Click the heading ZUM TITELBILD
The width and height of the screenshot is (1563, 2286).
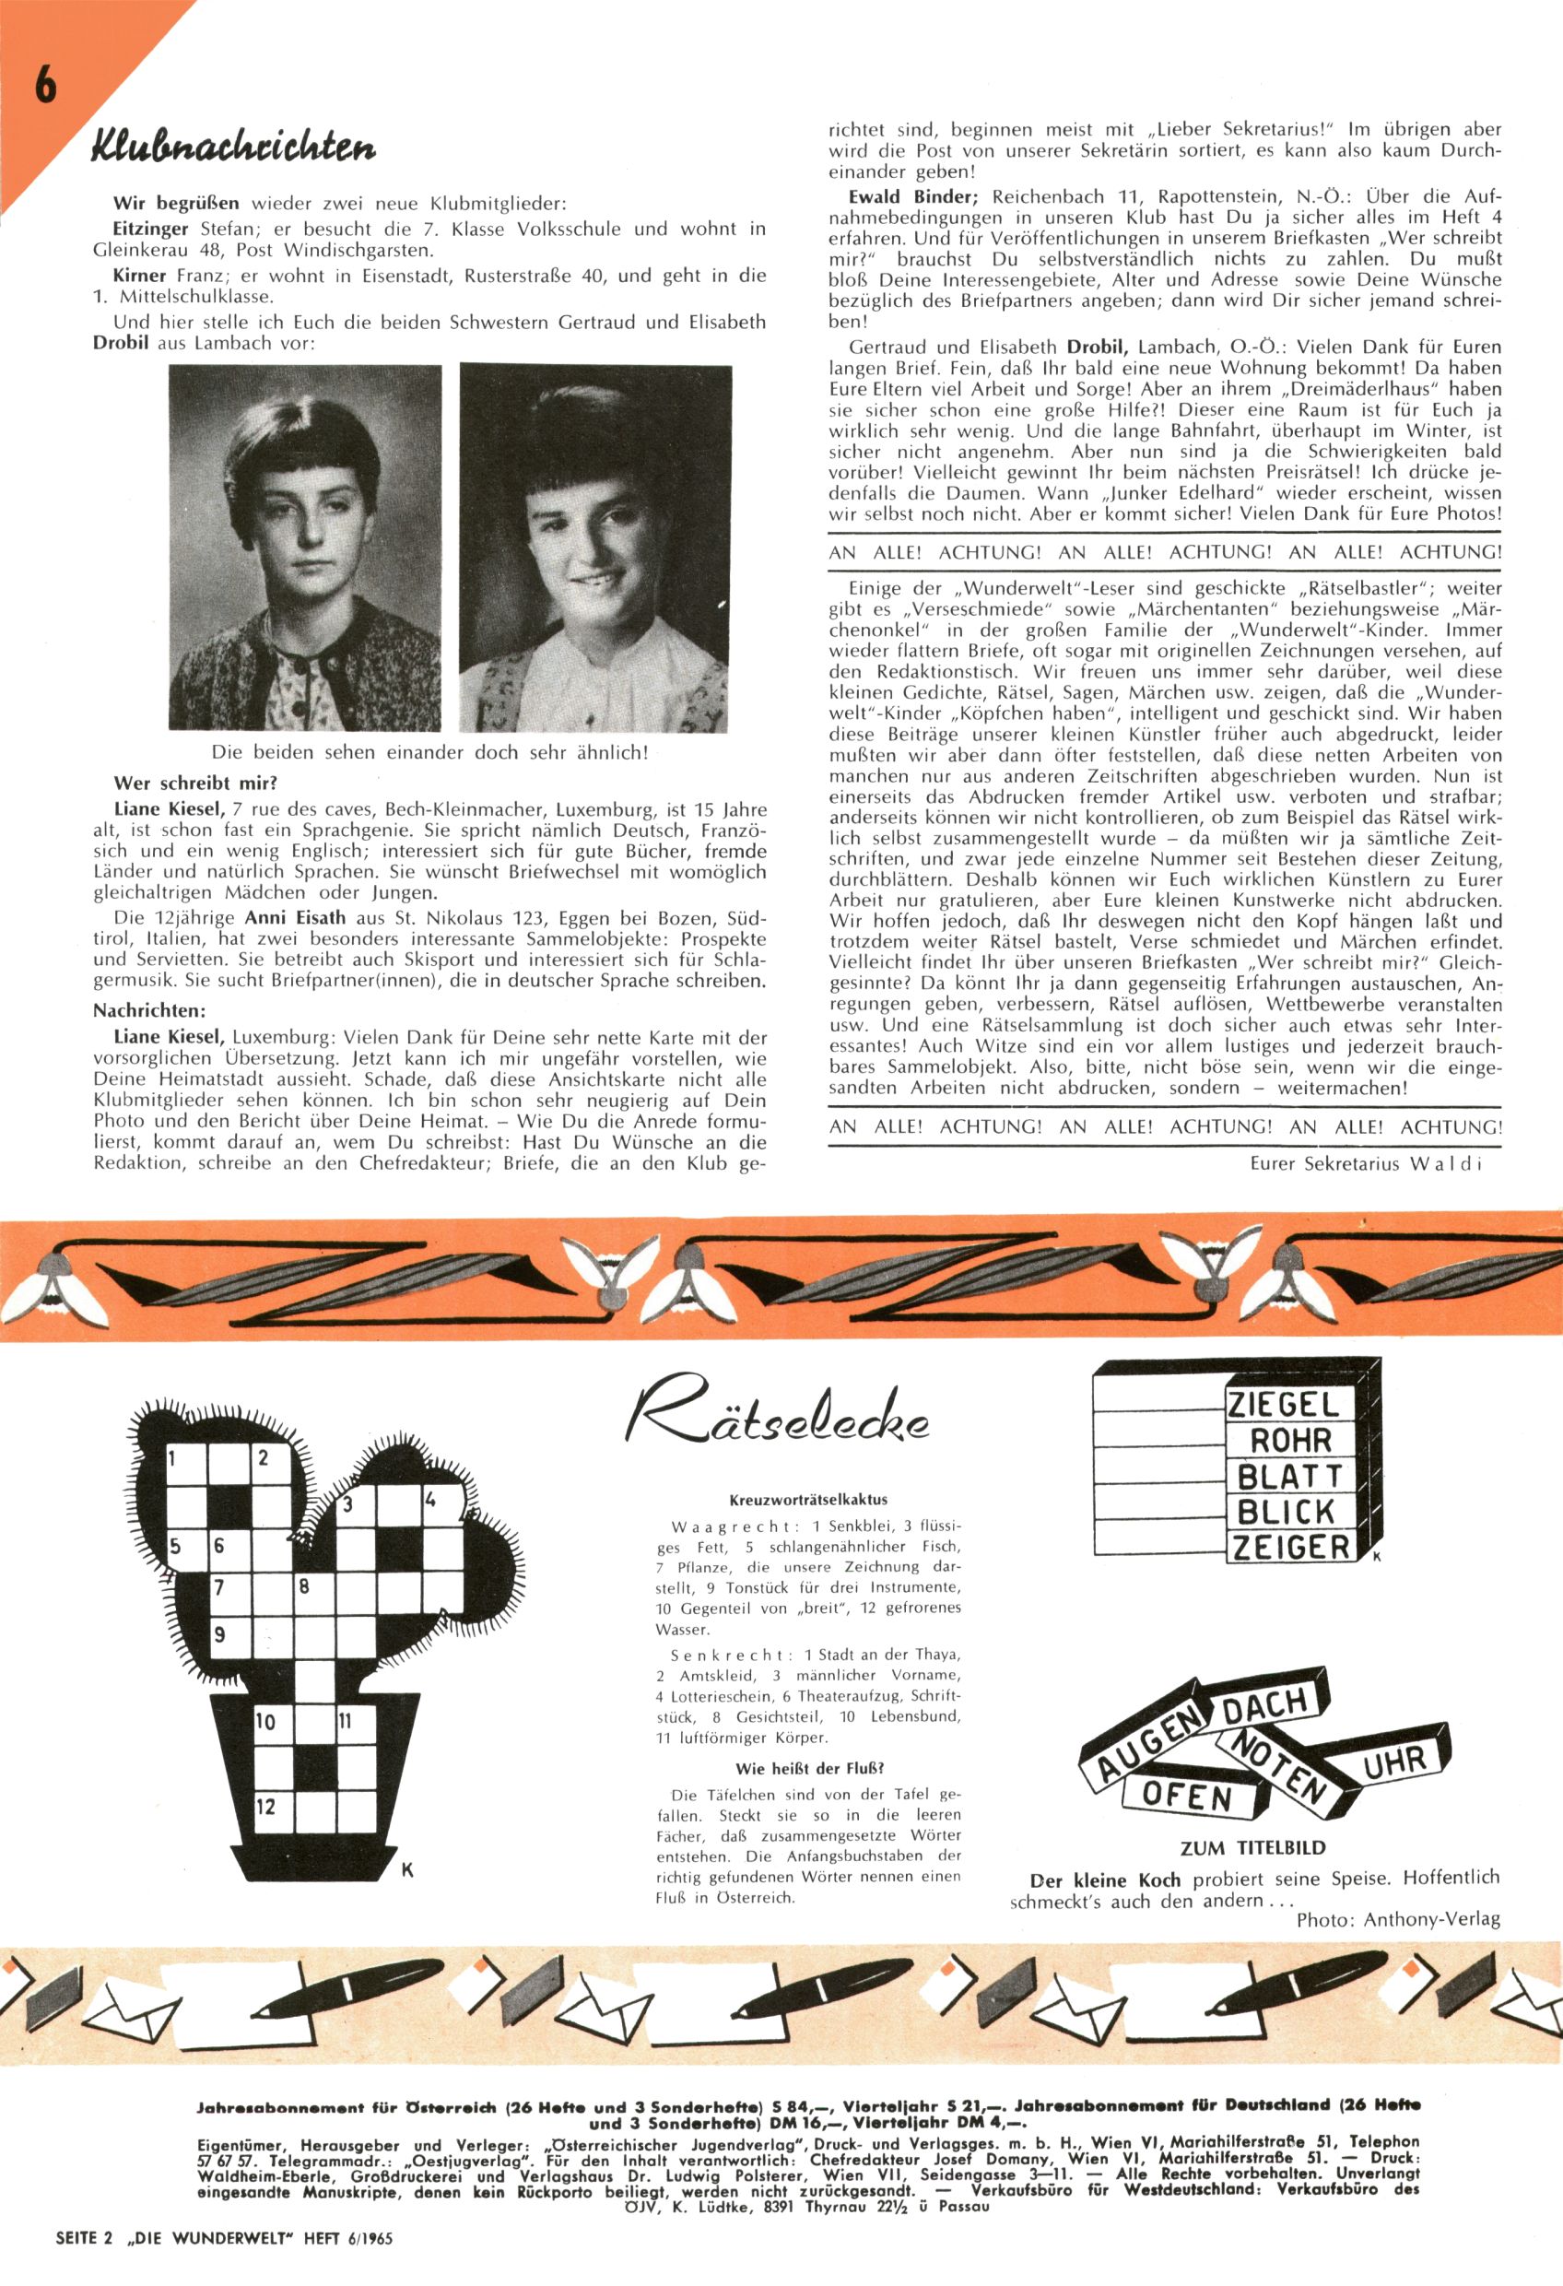pyautogui.click(x=1252, y=1848)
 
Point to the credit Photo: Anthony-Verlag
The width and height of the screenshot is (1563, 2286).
pyautogui.click(x=1398, y=1920)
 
